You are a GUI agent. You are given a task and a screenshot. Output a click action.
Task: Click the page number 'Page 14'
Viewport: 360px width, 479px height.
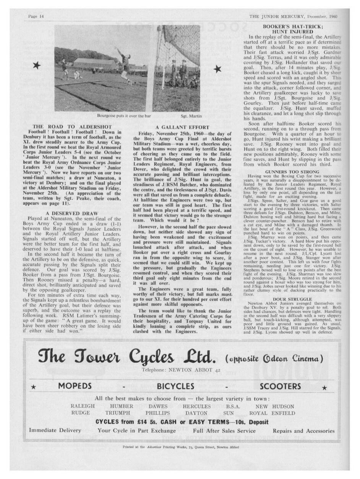point(36,16)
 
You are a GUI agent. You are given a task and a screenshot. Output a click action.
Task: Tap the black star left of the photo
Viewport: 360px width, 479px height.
point(37,66)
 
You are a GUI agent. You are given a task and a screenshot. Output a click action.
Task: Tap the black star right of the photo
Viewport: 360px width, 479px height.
point(217,69)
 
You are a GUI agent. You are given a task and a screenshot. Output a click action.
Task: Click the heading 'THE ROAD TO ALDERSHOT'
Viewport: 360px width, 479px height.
point(72,127)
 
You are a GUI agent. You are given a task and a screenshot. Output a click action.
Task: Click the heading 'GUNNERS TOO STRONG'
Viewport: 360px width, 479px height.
point(292,172)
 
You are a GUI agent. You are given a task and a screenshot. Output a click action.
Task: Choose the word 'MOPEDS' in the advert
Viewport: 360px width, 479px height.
point(75,386)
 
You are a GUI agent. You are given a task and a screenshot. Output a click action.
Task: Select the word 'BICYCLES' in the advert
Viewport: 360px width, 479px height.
point(175,386)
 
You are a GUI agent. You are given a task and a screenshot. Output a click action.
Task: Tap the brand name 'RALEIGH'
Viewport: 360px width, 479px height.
point(83,406)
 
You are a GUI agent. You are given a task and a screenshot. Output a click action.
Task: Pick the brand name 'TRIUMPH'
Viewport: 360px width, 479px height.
point(118,413)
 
